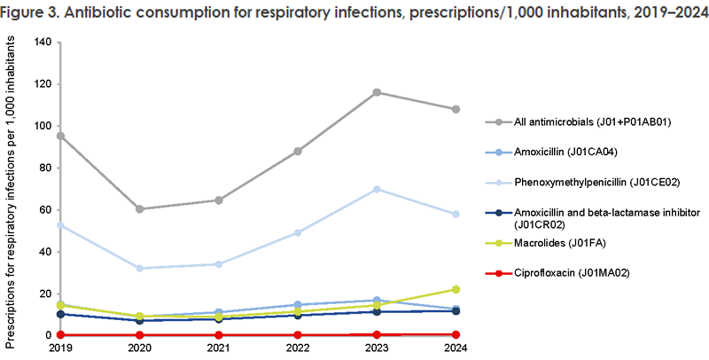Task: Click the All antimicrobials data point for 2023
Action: (378, 92)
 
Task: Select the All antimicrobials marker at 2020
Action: (139, 209)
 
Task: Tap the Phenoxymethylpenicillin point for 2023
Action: (378, 189)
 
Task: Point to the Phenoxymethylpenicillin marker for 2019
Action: (59, 225)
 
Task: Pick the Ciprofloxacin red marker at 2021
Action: (218, 334)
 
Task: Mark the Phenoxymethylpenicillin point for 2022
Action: (298, 232)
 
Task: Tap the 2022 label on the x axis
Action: (298, 348)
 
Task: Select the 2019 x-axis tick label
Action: (59, 348)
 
